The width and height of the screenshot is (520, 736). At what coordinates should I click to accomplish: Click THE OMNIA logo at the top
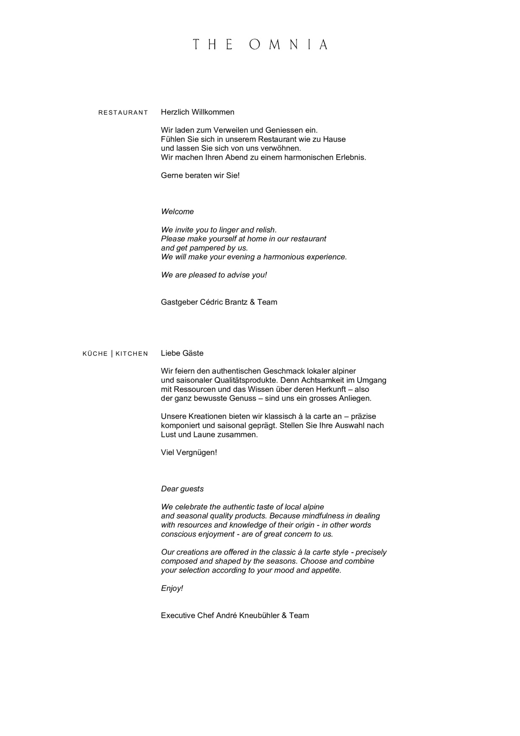(260, 45)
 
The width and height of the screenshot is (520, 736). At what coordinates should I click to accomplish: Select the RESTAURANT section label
(123, 113)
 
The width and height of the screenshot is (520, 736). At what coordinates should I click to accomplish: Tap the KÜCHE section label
(95, 354)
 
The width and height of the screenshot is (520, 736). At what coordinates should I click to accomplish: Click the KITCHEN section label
(132, 354)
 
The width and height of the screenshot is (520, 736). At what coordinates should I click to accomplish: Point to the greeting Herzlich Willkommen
(198, 112)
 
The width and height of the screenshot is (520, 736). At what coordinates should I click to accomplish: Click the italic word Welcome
(177, 212)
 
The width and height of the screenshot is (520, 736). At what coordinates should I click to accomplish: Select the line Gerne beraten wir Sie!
(200, 175)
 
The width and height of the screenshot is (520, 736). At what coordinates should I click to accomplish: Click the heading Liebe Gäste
(182, 353)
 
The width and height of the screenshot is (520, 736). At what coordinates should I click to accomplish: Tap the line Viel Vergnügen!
(189, 453)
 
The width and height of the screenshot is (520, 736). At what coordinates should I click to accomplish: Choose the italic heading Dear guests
(182, 489)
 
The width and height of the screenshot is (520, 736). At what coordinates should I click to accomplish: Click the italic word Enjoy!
(172, 589)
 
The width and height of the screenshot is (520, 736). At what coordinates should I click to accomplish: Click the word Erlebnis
(351, 157)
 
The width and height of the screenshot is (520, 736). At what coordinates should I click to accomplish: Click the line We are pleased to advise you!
(214, 275)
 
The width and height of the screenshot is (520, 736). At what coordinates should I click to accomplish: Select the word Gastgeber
(179, 302)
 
